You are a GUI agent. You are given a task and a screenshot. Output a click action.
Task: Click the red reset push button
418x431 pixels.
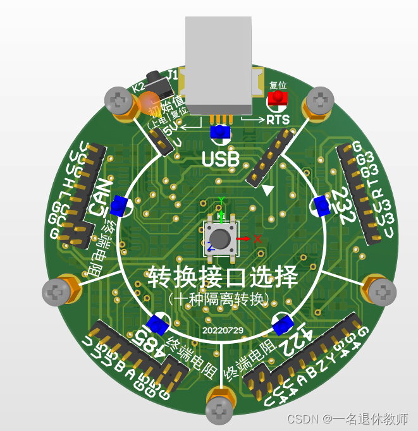(x=276, y=99)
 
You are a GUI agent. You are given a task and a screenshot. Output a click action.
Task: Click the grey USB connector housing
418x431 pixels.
(x=219, y=60)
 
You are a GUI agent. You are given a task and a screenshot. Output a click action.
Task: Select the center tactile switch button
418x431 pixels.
(x=220, y=238)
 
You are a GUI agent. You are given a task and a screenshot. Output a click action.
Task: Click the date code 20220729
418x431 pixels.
(x=222, y=330)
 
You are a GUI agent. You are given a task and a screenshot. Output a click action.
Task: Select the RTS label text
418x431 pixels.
(x=278, y=120)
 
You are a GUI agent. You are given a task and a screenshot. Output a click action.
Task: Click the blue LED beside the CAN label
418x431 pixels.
(x=119, y=205)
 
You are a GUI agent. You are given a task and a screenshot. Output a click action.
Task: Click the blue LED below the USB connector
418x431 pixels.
(x=220, y=132)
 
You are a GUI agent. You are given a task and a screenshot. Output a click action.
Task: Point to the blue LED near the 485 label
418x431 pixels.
(x=156, y=325)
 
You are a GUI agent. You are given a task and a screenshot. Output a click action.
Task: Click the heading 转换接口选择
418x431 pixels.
(x=222, y=277)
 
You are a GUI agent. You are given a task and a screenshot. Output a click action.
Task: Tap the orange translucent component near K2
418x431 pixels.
(x=149, y=101)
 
